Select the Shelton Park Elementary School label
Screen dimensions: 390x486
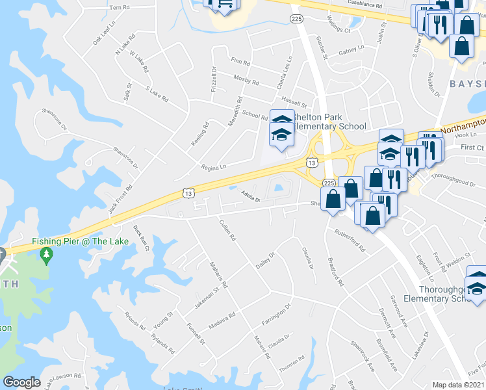pos(328,122)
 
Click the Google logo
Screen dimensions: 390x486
pos(21,382)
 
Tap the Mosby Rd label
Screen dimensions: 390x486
pos(246,83)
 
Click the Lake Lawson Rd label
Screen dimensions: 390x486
pos(63,380)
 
